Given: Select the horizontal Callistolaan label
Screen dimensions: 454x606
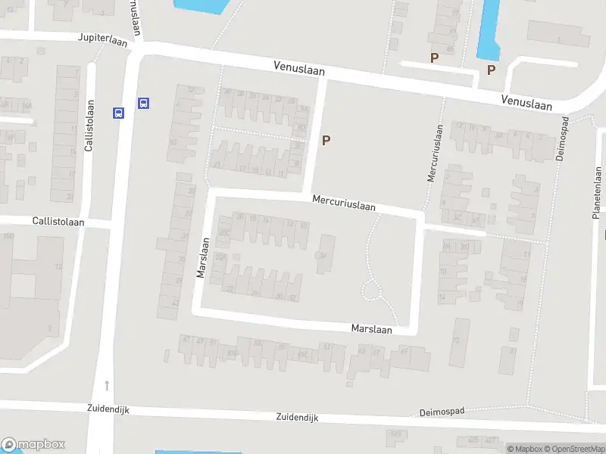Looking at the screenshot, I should coord(58,221).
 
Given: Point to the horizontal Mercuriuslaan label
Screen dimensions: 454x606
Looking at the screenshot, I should coord(344,203).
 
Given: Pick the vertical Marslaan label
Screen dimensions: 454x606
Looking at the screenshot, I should coord(202,258).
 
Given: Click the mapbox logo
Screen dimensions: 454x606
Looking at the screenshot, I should coord(33,445).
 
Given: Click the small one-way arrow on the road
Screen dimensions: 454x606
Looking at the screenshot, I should coord(108,385).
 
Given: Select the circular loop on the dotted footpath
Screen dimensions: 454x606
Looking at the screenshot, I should coord(371,290).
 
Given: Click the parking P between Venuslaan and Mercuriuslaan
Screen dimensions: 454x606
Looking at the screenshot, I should coord(326,140).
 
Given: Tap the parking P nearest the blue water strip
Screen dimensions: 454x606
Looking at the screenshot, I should coord(491,70).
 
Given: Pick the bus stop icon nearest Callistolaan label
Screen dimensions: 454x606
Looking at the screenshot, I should coord(118,113).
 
